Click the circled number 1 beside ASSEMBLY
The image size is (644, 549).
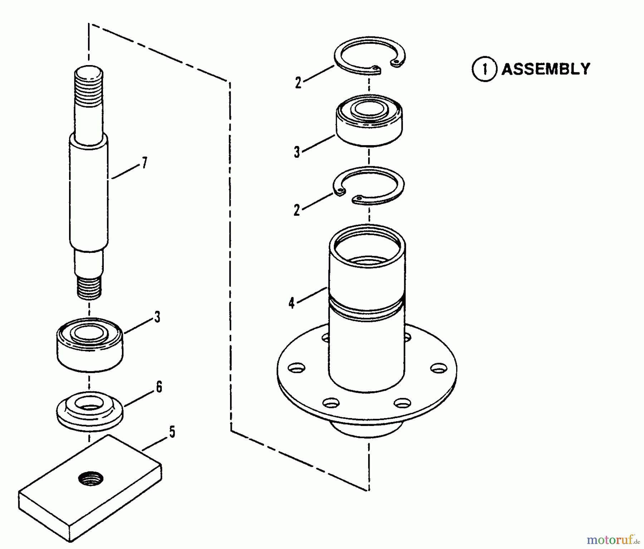tap(484, 69)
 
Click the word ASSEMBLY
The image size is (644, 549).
tap(546, 69)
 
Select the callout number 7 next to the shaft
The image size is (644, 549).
tap(144, 163)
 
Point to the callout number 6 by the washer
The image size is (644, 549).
tap(158, 387)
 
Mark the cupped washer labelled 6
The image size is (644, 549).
tap(90, 412)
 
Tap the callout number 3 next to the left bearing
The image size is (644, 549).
tap(157, 317)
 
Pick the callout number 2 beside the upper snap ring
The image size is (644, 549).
tap(298, 83)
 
